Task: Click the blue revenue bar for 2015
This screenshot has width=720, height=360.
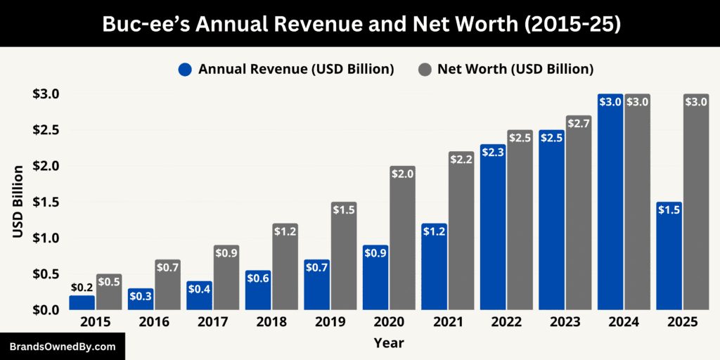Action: click(82, 302)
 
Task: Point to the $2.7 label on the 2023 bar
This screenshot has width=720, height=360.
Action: click(578, 122)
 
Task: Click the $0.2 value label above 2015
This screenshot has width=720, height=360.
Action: click(82, 288)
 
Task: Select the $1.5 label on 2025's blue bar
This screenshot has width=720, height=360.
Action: click(669, 210)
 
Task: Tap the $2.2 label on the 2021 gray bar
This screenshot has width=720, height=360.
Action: click(461, 159)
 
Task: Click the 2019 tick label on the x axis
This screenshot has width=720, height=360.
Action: click(330, 322)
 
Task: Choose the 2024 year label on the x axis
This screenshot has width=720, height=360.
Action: click(624, 322)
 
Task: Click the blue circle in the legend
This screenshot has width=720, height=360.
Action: click(185, 69)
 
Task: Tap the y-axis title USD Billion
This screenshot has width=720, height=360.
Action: click(18, 201)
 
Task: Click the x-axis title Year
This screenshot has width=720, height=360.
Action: click(389, 343)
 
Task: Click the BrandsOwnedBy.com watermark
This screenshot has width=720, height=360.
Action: click(62, 347)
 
